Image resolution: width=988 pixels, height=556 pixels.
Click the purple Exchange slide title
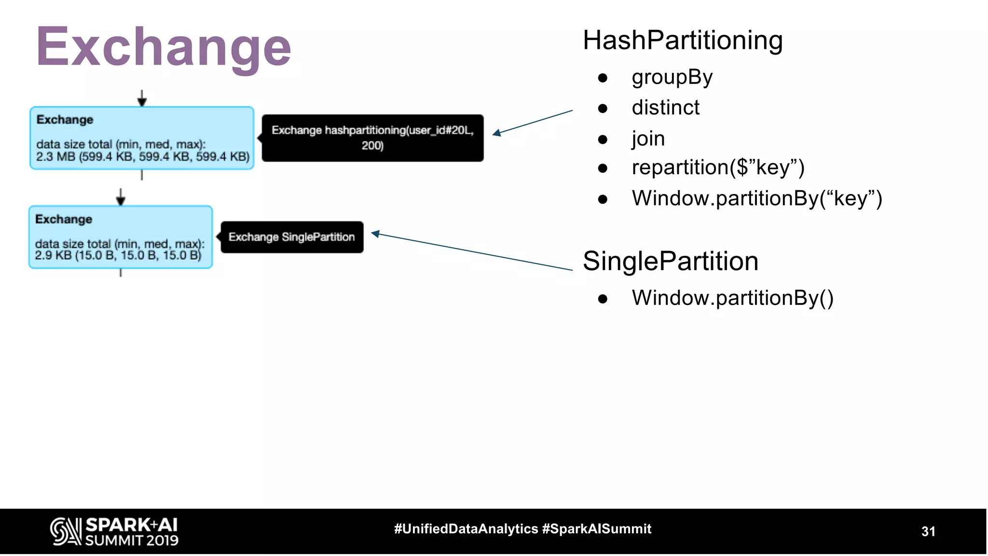pyautogui.click(x=164, y=47)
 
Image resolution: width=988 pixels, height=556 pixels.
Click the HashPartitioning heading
pyautogui.click(x=682, y=40)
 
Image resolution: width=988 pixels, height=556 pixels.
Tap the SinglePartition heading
pyautogui.click(x=670, y=261)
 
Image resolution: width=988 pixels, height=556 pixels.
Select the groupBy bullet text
pyautogui.click(x=672, y=77)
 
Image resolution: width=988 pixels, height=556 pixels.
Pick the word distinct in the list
pyautogui.click(x=665, y=108)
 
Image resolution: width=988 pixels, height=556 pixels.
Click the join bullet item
pyautogui.click(x=648, y=139)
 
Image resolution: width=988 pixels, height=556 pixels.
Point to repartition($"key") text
pyautogui.click(x=718, y=167)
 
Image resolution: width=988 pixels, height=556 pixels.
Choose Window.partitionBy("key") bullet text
pyautogui.click(x=756, y=198)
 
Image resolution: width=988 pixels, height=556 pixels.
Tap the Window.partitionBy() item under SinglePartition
pyautogui.click(x=732, y=298)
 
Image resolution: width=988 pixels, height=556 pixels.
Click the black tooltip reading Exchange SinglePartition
pyautogui.click(x=292, y=237)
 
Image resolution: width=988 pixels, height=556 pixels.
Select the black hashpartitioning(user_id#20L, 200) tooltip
pyautogui.click(x=372, y=138)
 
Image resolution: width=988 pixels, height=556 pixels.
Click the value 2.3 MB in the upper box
pyautogui.click(x=55, y=157)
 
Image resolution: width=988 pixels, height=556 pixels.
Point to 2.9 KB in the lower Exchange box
pyautogui.click(x=53, y=255)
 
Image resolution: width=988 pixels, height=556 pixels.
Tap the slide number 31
pyautogui.click(x=928, y=531)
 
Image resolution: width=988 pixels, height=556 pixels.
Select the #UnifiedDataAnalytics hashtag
pyautogui.click(x=466, y=529)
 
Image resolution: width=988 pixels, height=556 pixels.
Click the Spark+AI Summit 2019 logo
pyautogui.click(x=114, y=531)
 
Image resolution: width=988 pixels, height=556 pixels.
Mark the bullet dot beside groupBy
pyautogui.click(x=602, y=78)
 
